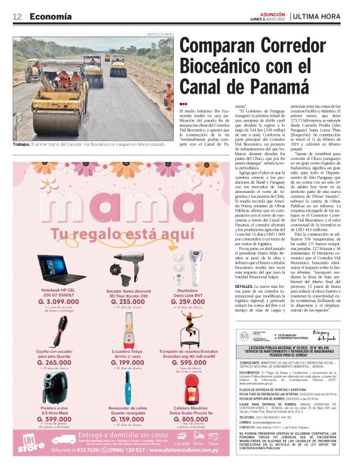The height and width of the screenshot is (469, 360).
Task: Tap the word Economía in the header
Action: point(50,16)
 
